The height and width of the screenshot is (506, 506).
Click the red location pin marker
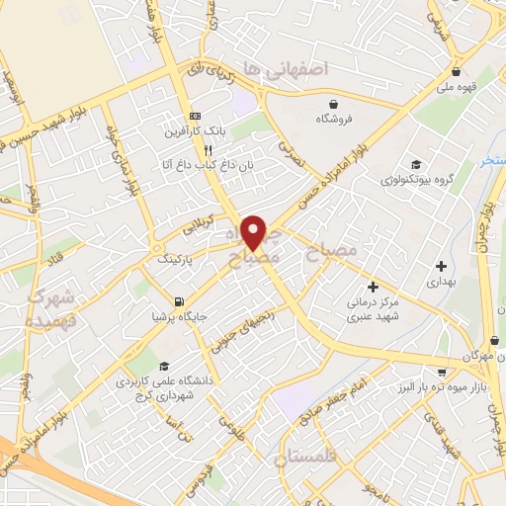pyautogui.click(x=255, y=231)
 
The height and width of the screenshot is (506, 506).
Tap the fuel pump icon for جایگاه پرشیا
pyautogui.click(x=178, y=302)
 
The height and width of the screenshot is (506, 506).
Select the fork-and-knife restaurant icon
pyautogui.click(x=208, y=151)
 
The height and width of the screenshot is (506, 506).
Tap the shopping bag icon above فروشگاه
pyautogui.click(x=333, y=103)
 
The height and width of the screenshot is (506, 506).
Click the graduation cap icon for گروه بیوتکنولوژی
pyautogui.click(x=416, y=165)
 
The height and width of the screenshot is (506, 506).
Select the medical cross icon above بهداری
pyautogui.click(x=441, y=266)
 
